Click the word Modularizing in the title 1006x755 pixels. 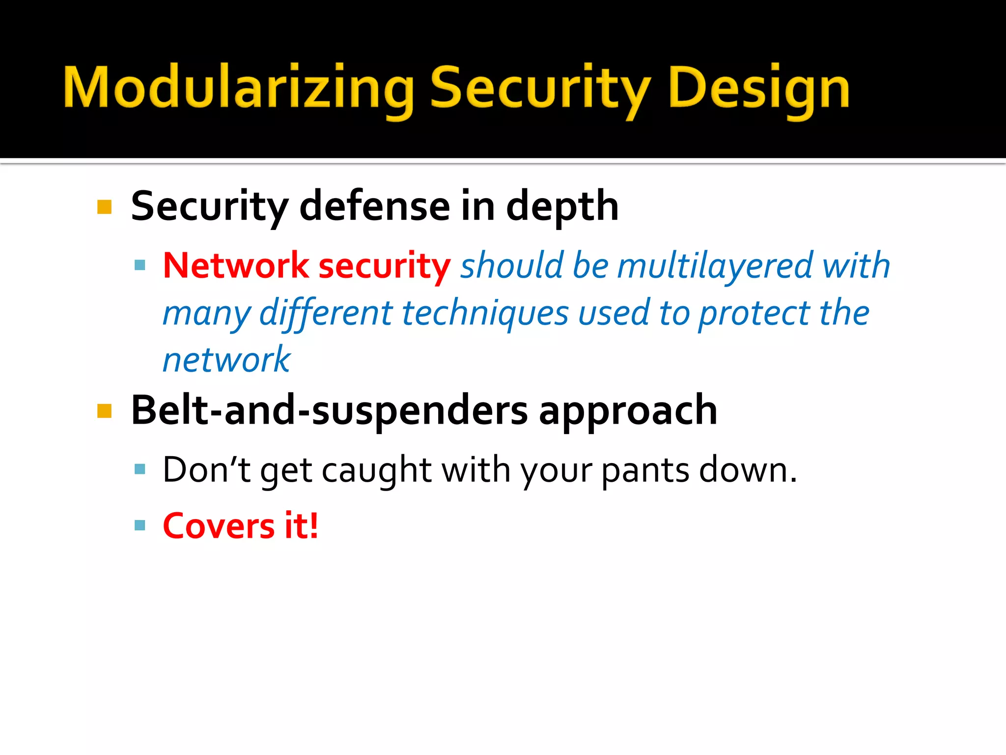[x=238, y=88]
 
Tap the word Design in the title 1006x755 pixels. [x=759, y=88]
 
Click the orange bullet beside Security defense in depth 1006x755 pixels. [x=105, y=207]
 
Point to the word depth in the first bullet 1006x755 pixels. [x=562, y=206]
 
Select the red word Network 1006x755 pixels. [x=235, y=265]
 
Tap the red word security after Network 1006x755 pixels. [x=384, y=265]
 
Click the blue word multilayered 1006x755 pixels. [x=715, y=265]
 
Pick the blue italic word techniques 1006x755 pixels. [x=485, y=313]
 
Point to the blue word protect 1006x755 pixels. [x=754, y=313]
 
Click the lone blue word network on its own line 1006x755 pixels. [x=226, y=360]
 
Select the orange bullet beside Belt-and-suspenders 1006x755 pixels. [x=105, y=411]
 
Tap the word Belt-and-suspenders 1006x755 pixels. [x=329, y=410]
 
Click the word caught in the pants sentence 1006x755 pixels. [x=377, y=470]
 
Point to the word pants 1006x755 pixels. [x=645, y=470]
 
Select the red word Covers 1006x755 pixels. [x=219, y=526]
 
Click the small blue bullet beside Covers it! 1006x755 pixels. [x=140, y=525]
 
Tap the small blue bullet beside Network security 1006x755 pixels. [x=140, y=265]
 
